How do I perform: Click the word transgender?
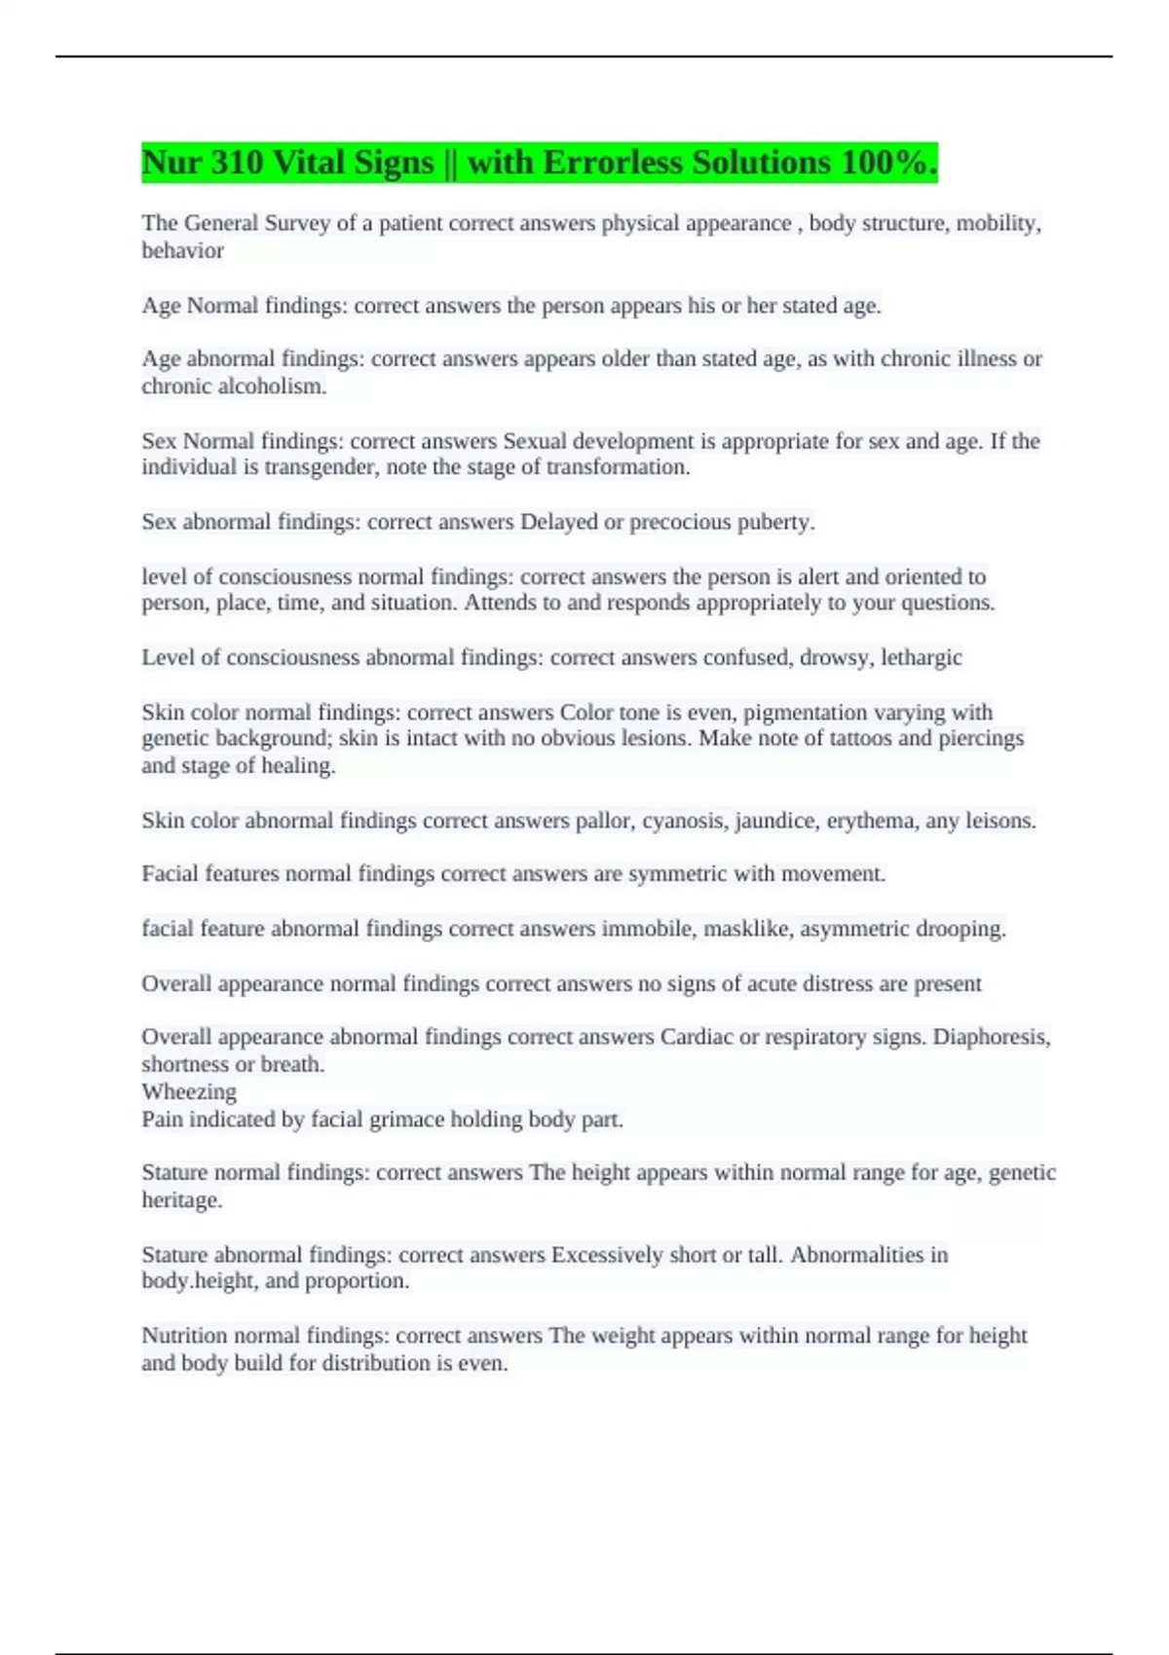tap(321, 467)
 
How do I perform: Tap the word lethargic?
tap(921, 657)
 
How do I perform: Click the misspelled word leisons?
tap(999, 821)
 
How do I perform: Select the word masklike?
tap(746, 929)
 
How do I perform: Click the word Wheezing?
tap(189, 1091)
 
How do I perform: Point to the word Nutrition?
tap(184, 1336)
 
